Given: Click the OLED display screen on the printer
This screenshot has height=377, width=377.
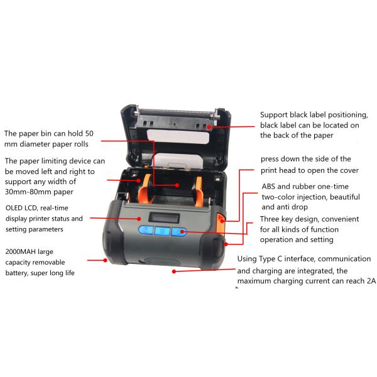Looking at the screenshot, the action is (164, 218).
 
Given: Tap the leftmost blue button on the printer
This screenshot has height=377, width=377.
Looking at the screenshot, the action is (146, 230).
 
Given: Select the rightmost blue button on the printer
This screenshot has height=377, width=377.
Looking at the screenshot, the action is (179, 232).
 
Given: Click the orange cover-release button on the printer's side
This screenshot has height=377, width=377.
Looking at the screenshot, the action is (221, 223).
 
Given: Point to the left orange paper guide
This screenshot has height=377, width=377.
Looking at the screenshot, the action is (144, 190).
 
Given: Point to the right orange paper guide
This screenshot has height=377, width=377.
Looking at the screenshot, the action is (199, 192).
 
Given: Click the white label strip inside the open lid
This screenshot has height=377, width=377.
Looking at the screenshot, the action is (178, 137).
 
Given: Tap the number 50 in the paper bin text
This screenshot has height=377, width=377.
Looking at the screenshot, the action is (89, 133).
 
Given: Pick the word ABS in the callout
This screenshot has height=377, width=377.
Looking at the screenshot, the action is (268, 187).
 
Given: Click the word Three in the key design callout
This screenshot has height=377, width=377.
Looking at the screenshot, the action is (270, 219).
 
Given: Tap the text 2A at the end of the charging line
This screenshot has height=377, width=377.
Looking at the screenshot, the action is (371, 281).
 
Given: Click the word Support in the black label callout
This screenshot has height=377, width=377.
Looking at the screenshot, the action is (274, 115).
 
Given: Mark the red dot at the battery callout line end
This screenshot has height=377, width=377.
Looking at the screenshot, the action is (105, 260).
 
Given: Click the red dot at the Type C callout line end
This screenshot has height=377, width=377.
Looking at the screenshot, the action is (174, 271).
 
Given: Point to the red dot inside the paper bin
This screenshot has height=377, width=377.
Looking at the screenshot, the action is (177, 185).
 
